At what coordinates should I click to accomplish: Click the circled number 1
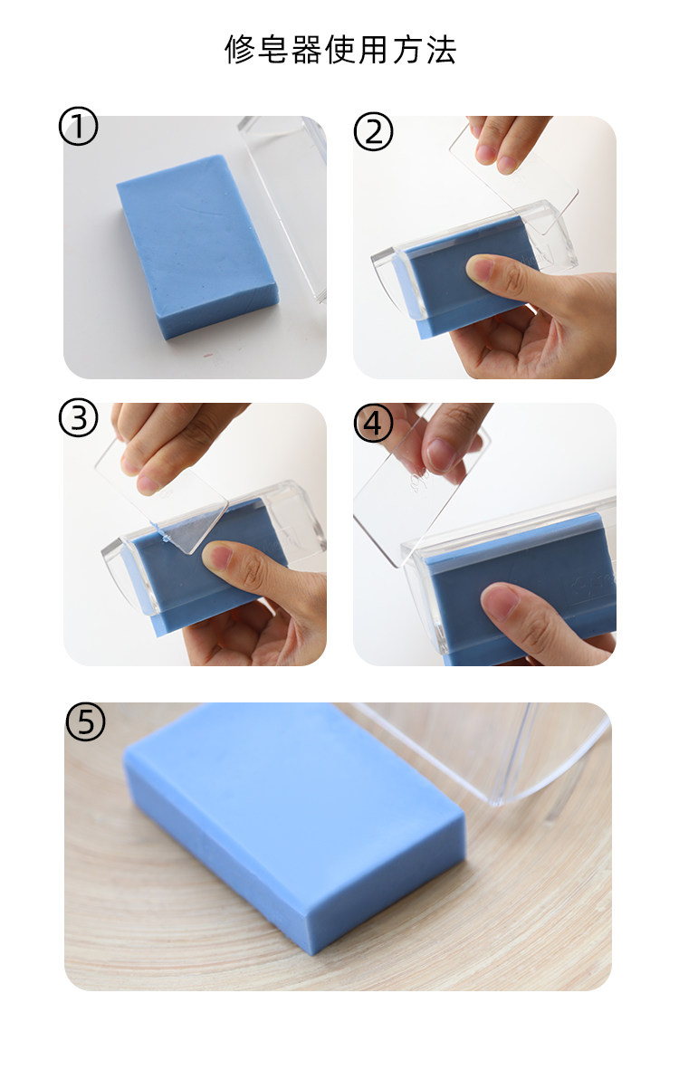tap(79, 127)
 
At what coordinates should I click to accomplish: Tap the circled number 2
tap(373, 132)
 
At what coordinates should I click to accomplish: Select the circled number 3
tap(79, 418)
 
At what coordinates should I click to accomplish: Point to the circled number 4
tap(373, 423)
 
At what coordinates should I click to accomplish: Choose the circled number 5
tap(85, 721)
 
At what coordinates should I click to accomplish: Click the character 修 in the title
tap(239, 50)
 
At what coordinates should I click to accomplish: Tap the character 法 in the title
tap(441, 50)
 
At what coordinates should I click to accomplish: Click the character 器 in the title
tap(307, 50)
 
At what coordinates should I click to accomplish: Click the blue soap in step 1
tap(197, 246)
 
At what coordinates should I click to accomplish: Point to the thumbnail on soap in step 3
tap(219, 555)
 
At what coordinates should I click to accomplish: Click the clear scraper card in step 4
tap(421, 489)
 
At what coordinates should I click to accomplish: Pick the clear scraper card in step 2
tap(514, 172)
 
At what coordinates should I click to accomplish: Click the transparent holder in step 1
tap(283, 206)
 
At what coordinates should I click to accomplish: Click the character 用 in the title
tap(374, 50)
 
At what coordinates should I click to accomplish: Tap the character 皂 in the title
tap(273, 50)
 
